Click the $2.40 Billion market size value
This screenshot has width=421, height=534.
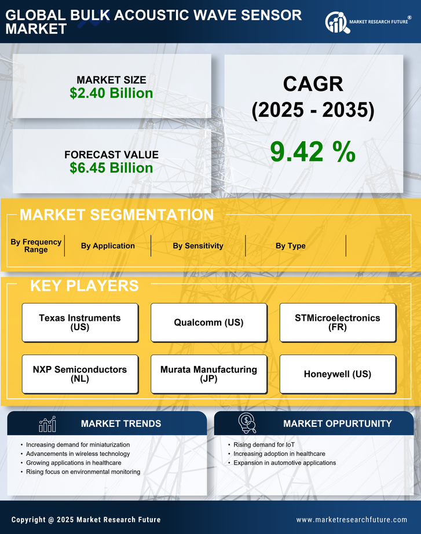point(111,93)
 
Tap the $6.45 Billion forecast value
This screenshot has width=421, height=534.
point(111,168)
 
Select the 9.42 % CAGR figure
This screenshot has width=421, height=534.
point(313,152)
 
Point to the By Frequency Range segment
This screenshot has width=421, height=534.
point(36,246)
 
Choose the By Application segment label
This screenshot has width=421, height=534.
point(108,246)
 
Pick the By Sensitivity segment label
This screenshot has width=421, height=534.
point(198,246)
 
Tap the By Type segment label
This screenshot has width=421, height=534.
point(291,246)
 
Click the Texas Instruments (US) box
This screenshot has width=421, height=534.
point(80,322)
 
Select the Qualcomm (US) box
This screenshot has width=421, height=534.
point(208,322)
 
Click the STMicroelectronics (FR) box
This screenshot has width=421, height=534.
point(338,322)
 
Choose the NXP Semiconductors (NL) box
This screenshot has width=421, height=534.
point(80,374)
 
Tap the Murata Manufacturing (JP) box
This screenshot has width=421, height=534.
point(208,374)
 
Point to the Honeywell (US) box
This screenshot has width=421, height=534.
point(338,374)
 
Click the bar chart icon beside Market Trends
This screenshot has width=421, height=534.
point(47,424)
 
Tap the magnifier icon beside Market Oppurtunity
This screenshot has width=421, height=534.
point(247,423)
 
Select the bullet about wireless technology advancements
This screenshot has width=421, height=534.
point(78,453)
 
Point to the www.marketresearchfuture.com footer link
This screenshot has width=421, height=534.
point(352,520)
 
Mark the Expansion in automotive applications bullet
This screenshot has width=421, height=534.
point(285,463)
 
